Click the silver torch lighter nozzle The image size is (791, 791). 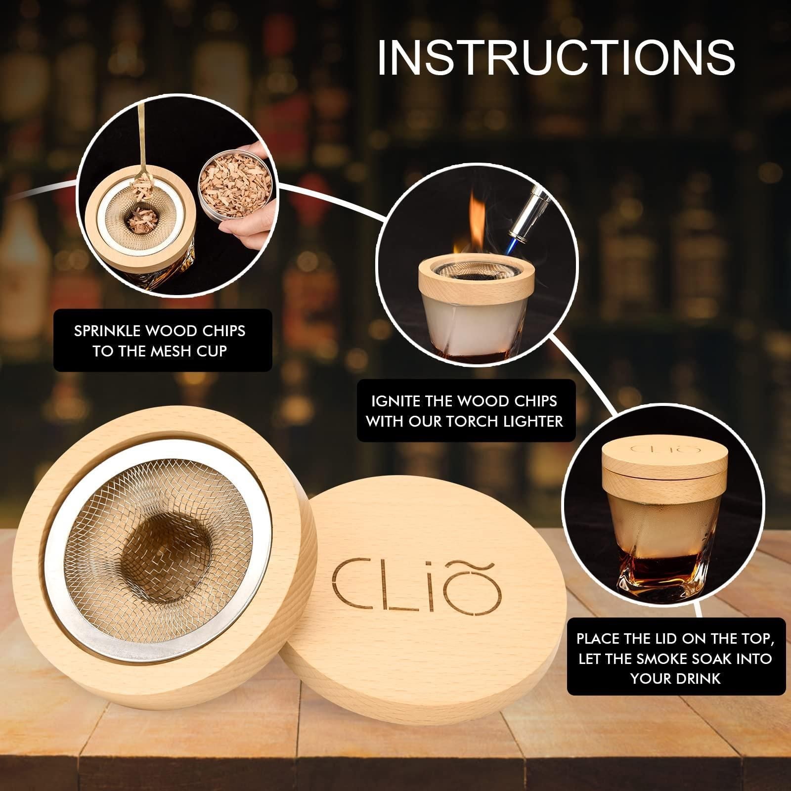click(530, 218)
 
